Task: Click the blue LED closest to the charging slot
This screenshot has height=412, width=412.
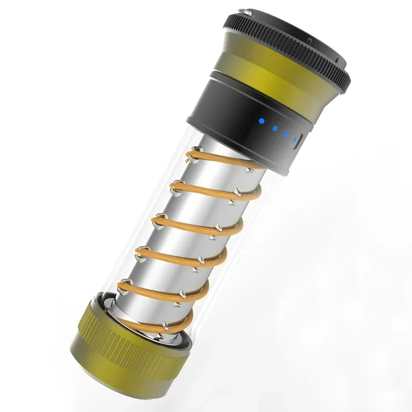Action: point(294,138)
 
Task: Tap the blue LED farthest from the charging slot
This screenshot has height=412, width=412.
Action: point(261,121)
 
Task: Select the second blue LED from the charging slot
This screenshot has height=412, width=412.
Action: point(286,133)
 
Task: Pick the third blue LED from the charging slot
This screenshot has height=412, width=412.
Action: point(274,128)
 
